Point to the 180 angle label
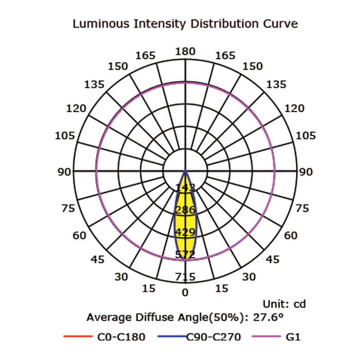185,51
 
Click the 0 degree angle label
185,293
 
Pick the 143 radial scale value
185,187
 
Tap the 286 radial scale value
185,209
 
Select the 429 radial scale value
185,231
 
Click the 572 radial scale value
185,254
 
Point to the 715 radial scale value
185,277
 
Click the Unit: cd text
284,304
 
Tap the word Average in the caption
109,317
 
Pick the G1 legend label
292,337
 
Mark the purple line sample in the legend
265,337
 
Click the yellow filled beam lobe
185,221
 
